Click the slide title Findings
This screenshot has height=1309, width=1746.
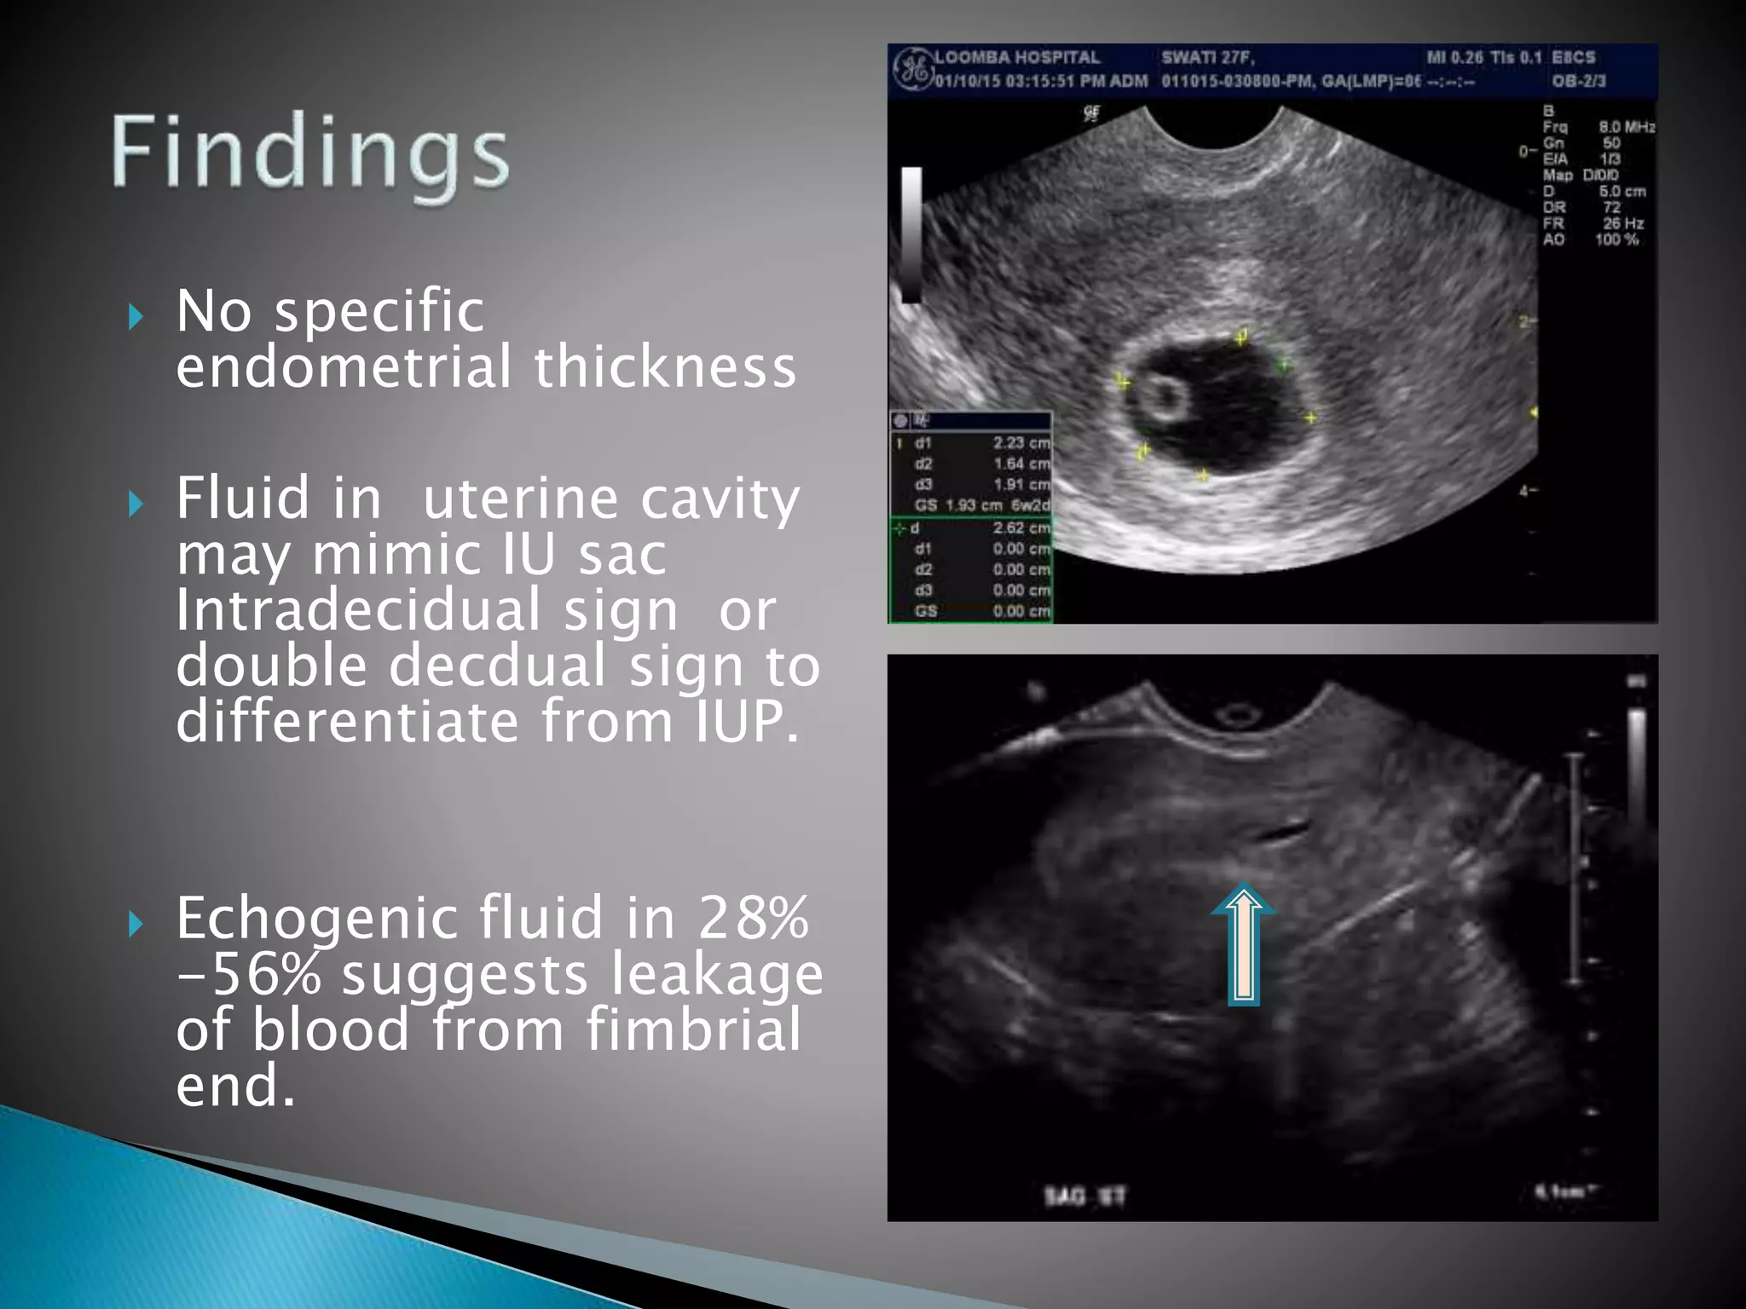click(x=310, y=153)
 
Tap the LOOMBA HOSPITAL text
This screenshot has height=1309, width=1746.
click(x=1017, y=58)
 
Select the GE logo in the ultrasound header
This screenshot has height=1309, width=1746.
click(x=912, y=68)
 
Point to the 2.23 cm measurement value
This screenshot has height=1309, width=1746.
click(x=1021, y=443)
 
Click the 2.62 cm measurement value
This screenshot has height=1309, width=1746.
click(x=1021, y=528)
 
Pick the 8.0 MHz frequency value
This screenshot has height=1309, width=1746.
click(x=1627, y=128)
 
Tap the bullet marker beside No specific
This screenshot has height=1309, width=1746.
click(x=136, y=318)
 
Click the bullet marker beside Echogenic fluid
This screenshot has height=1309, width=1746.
click(x=136, y=924)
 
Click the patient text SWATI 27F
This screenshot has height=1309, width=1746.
click(x=1207, y=58)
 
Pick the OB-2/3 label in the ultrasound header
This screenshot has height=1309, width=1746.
click(x=1578, y=81)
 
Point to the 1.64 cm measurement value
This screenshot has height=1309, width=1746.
click(x=1021, y=464)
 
